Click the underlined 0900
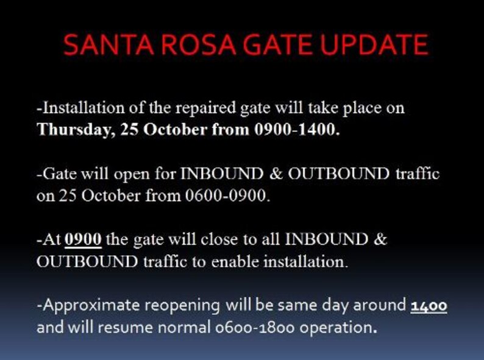coord(83,239)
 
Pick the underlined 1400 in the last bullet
coord(429,305)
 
